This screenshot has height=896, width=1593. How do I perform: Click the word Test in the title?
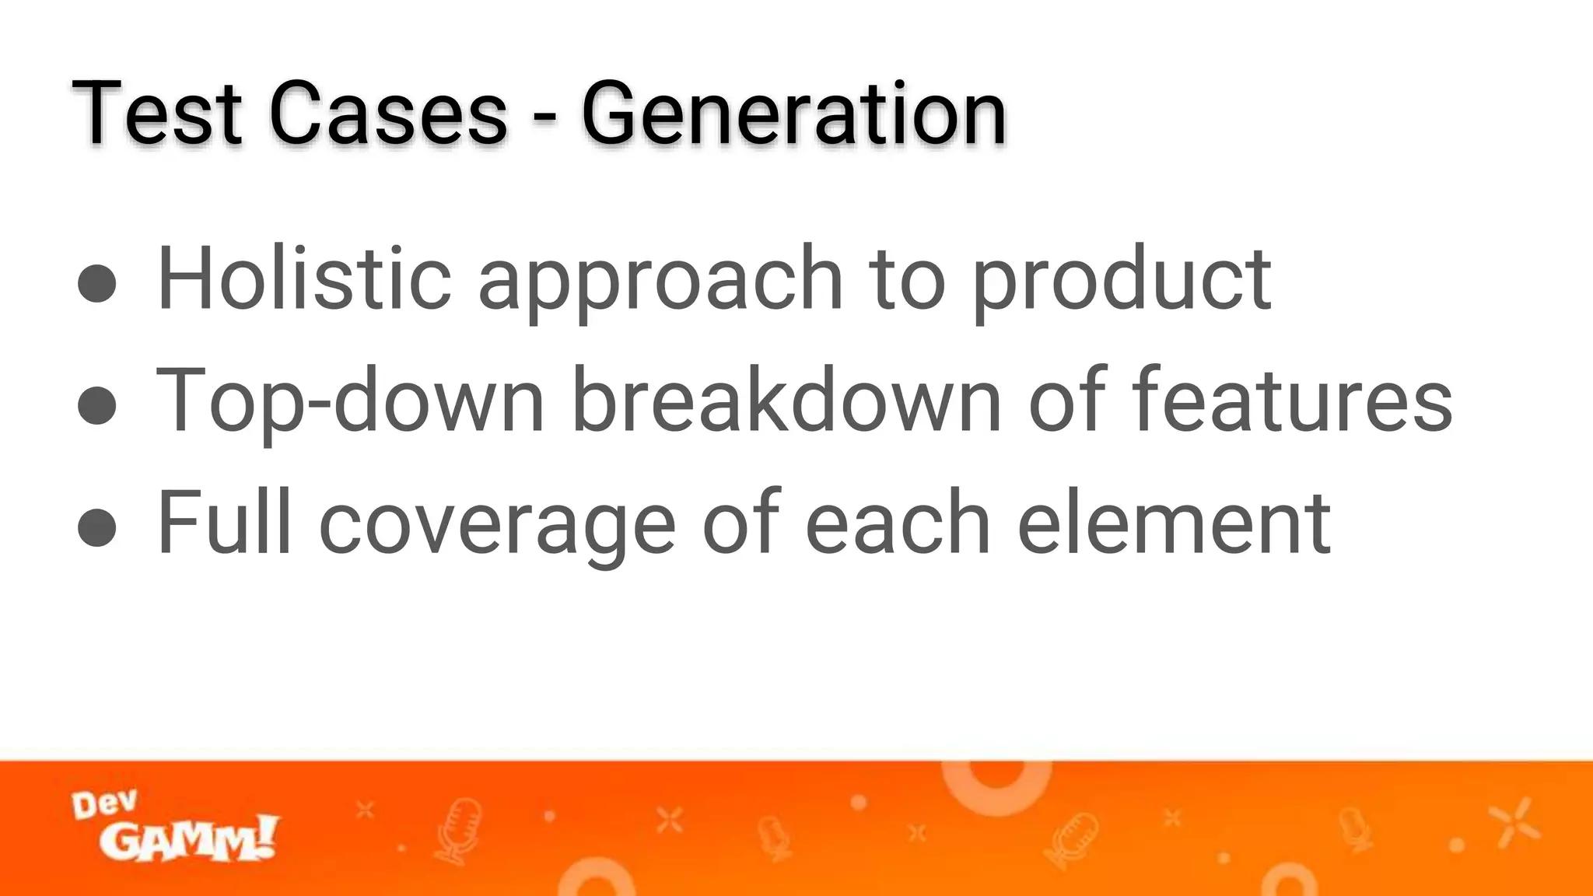point(156,114)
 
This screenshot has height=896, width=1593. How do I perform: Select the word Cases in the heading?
point(388,114)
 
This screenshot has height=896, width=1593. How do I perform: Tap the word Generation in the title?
point(793,114)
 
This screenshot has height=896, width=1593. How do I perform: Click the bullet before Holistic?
point(97,282)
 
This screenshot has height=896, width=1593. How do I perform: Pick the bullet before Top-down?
point(97,404)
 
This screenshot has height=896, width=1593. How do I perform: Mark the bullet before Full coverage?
point(97,527)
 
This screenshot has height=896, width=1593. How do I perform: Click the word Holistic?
point(304,278)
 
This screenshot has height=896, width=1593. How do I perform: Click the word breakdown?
point(786,400)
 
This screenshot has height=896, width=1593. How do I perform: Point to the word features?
point(1291,400)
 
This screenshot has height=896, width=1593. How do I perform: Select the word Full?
point(224,522)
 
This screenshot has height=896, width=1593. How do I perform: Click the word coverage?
point(497,527)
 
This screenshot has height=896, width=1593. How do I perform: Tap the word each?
point(898,522)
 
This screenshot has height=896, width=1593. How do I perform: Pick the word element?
point(1174,522)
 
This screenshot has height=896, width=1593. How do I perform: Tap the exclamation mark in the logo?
point(266,835)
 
